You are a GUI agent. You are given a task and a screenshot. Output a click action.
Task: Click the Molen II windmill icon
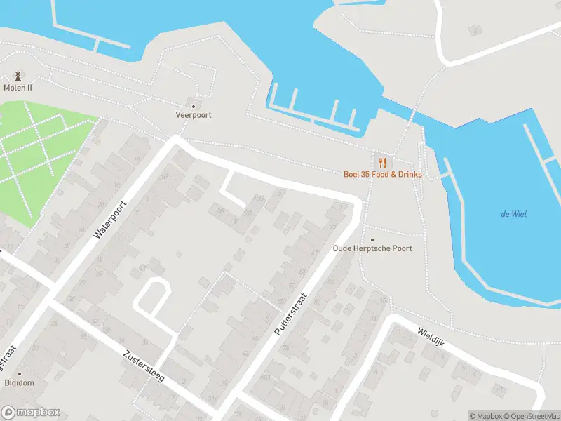pyautogui.click(x=18, y=75)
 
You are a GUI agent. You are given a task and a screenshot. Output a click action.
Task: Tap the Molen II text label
pyautogui.click(x=18, y=88)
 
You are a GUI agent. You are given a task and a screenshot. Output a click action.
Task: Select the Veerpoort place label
pyautogui.click(x=194, y=115)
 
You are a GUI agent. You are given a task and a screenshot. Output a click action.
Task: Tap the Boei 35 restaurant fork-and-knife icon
pyautogui.click(x=382, y=161)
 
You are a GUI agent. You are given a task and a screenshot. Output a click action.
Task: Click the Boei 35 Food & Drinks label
pyautogui.click(x=382, y=174)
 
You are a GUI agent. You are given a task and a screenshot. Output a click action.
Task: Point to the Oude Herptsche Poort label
pyautogui.click(x=372, y=248)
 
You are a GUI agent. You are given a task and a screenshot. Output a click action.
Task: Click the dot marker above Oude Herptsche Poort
pyautogui.click(x=372, y=239)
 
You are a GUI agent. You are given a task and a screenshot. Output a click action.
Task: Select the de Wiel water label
pyautogui.click(x=513, y=214)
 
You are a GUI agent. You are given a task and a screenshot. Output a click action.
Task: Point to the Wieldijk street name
pyautogui.click(x=431, y=338)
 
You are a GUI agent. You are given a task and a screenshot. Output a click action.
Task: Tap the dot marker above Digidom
pyautogui.click(x=19, y=374)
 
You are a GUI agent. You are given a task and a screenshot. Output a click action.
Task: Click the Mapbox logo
pyautogui.click(x=31, y=413)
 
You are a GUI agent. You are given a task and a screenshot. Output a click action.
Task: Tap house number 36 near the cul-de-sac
pyautogui.click(x=220, y=210)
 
